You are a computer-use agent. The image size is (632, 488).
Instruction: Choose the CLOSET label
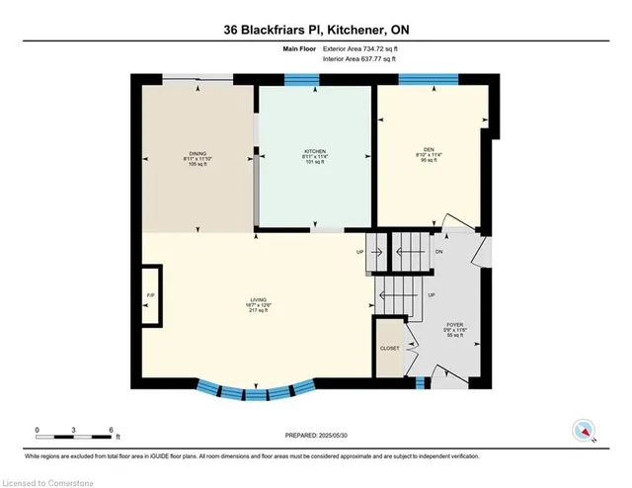[390, 349]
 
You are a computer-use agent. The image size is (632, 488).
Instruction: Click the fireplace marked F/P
[151, 295]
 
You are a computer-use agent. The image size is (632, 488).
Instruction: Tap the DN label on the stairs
[439, 251]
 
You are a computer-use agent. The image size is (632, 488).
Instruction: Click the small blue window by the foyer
[421, 382]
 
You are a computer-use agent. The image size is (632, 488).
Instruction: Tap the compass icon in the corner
[585, 431]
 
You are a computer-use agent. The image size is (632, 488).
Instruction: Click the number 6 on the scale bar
[111, 430]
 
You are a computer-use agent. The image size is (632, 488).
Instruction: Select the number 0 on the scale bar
[37, 430]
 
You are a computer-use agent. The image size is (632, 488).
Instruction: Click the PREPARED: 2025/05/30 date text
[315, 435]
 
